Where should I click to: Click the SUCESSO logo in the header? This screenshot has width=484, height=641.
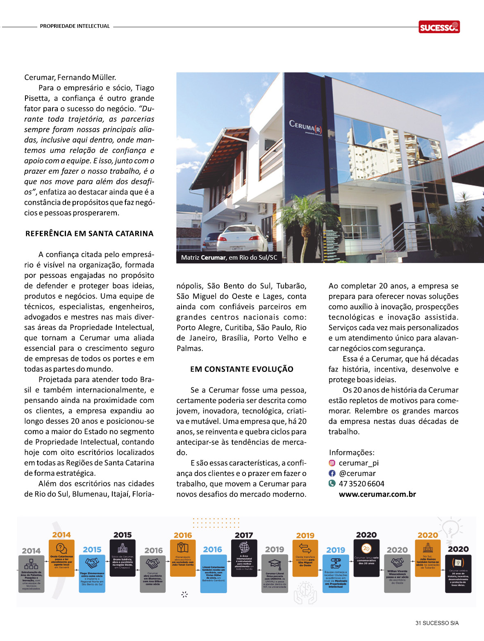[439, 27]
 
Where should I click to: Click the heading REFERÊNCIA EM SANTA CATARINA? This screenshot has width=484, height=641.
[89, 234]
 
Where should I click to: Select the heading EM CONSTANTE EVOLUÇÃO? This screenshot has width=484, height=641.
[241, 369]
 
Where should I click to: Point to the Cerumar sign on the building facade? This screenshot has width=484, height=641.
[305, 127]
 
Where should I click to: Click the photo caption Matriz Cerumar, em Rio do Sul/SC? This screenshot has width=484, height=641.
[229, 258]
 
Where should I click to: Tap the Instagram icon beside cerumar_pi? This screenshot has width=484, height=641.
[332, 463]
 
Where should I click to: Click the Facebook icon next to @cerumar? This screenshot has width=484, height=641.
[332, 473]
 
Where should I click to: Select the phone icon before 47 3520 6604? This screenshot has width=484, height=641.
[332, 483]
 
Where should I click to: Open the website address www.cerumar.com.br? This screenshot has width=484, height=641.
[377, 494]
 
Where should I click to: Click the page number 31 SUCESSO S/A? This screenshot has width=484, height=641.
[437, 623]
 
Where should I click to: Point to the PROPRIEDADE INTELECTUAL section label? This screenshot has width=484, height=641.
[75, 26]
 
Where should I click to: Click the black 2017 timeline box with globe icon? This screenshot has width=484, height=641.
[244, 558]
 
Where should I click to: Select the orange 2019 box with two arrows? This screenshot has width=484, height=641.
[305, 558]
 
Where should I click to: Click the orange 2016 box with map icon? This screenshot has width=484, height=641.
[183, 558]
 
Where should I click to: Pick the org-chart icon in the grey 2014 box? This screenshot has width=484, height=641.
[31, 564]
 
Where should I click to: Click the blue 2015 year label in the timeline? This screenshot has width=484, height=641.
[92, 550]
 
